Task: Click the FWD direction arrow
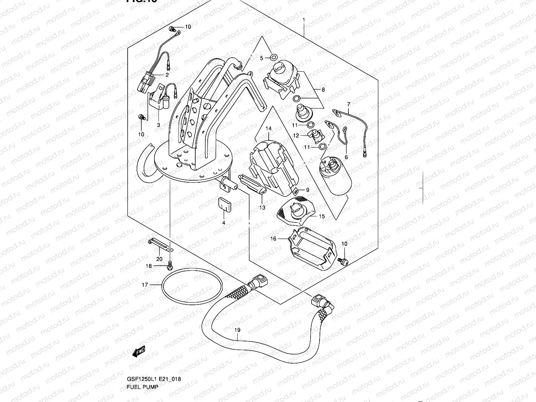coord(138,352)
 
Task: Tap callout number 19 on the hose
coord(237,330)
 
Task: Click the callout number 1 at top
coord(304,20)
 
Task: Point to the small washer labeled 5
coord(273,56)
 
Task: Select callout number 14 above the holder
coord(269,129)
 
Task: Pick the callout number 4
coord(223,223)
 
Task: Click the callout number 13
coord(262,208)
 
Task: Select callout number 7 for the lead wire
coord(348,104)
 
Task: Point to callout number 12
coord(296,136)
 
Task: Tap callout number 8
coord(323,90)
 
